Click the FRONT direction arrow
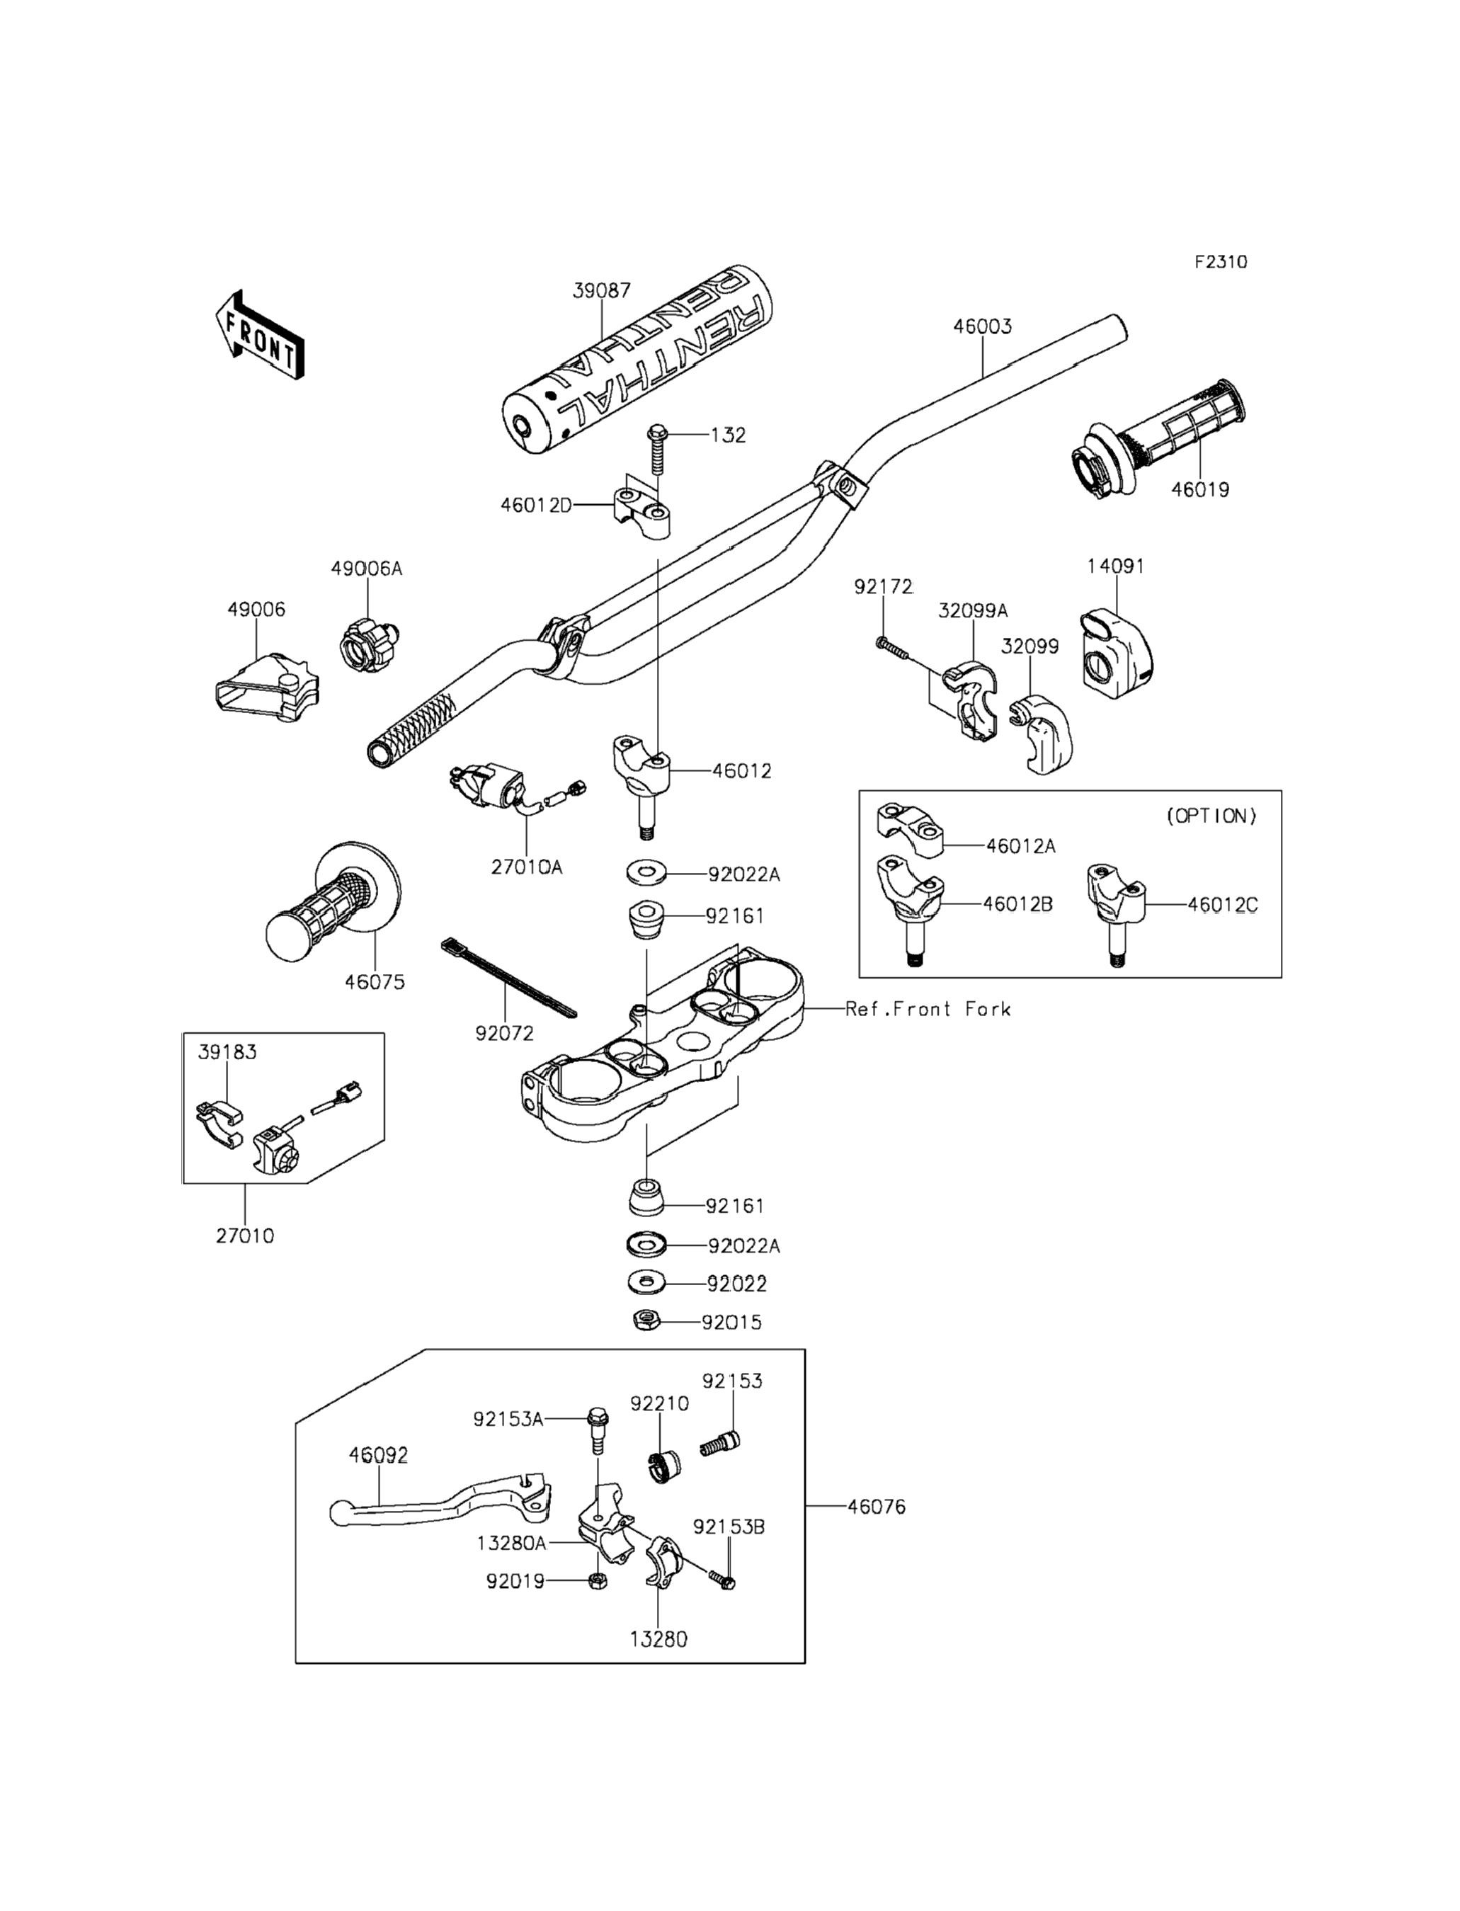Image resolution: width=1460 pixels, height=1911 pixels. pyautogui.click(x=259, y=336)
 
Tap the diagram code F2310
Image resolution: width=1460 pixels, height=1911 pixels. pyautogui.click(x=1220, y=261)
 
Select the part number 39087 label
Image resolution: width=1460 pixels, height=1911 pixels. pyautogui.click(x=601, y=290)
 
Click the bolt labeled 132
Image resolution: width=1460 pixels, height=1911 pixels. pyautogui.click(x=658, y=450)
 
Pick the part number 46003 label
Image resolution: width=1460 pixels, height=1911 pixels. pyautogui.click(x=982, y=326)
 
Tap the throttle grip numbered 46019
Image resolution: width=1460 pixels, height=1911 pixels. pyautogui.click(x=1160, y=439)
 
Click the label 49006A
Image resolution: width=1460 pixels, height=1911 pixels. pyautogui.click(x=366, y=569)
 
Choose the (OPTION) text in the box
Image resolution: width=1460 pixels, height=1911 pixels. pyautogui.click(x=1211, y=816)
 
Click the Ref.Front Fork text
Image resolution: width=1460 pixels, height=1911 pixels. pyautogui.click(x=928, y=1009)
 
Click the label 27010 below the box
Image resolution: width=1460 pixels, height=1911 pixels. pyautogui.click(x=244, y=1236)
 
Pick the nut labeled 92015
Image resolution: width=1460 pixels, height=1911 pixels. pyautogui.click(x=646, y=1321)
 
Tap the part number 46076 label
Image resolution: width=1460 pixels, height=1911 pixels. pyautogui.click(x=876, y=1507)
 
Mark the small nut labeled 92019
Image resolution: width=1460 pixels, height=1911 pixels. pyautogui.click(x=597, y=1581)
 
